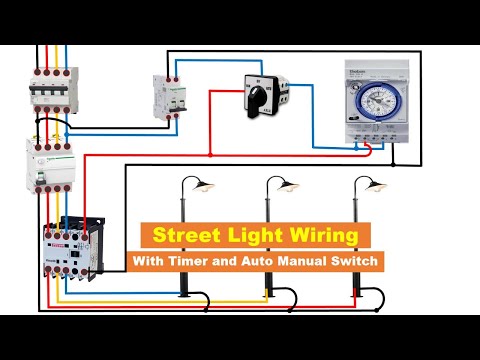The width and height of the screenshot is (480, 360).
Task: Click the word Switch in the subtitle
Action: tap(366, 261)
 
